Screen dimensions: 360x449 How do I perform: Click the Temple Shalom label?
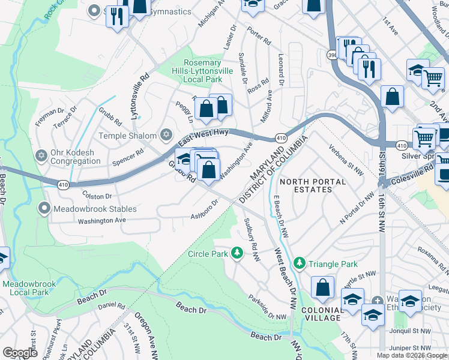128,136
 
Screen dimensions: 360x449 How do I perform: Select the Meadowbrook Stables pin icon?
44,209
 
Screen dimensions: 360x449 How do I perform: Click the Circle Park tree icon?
237,253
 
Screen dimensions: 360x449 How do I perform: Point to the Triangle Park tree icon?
300,263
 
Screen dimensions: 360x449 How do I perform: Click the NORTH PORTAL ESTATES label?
313,185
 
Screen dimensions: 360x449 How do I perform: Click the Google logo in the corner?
20,352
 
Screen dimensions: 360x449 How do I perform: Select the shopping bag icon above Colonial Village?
323,287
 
